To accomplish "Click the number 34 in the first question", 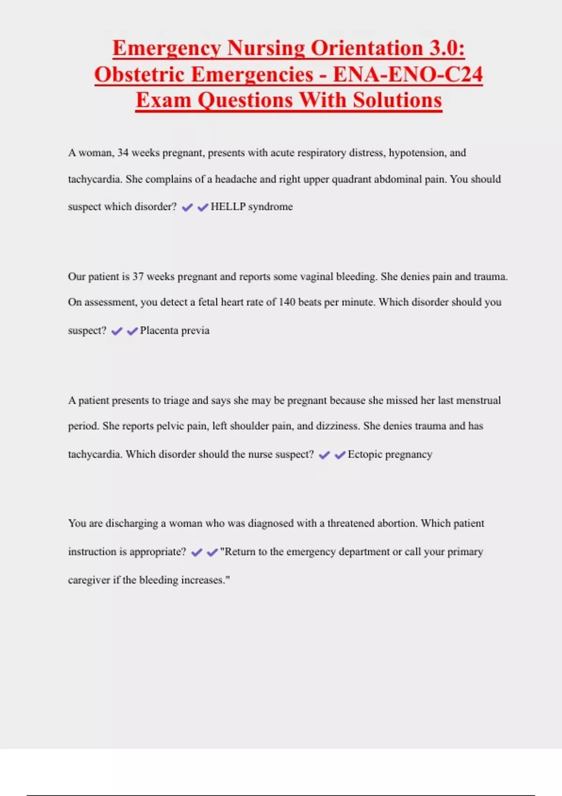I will (x=123, y=153).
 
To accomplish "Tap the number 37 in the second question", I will (x=138, y=276).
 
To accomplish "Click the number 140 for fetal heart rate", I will (x=287, y=302).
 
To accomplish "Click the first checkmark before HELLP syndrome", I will (x=187, y=207).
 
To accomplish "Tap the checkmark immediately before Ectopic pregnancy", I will (x=340, y=455).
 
